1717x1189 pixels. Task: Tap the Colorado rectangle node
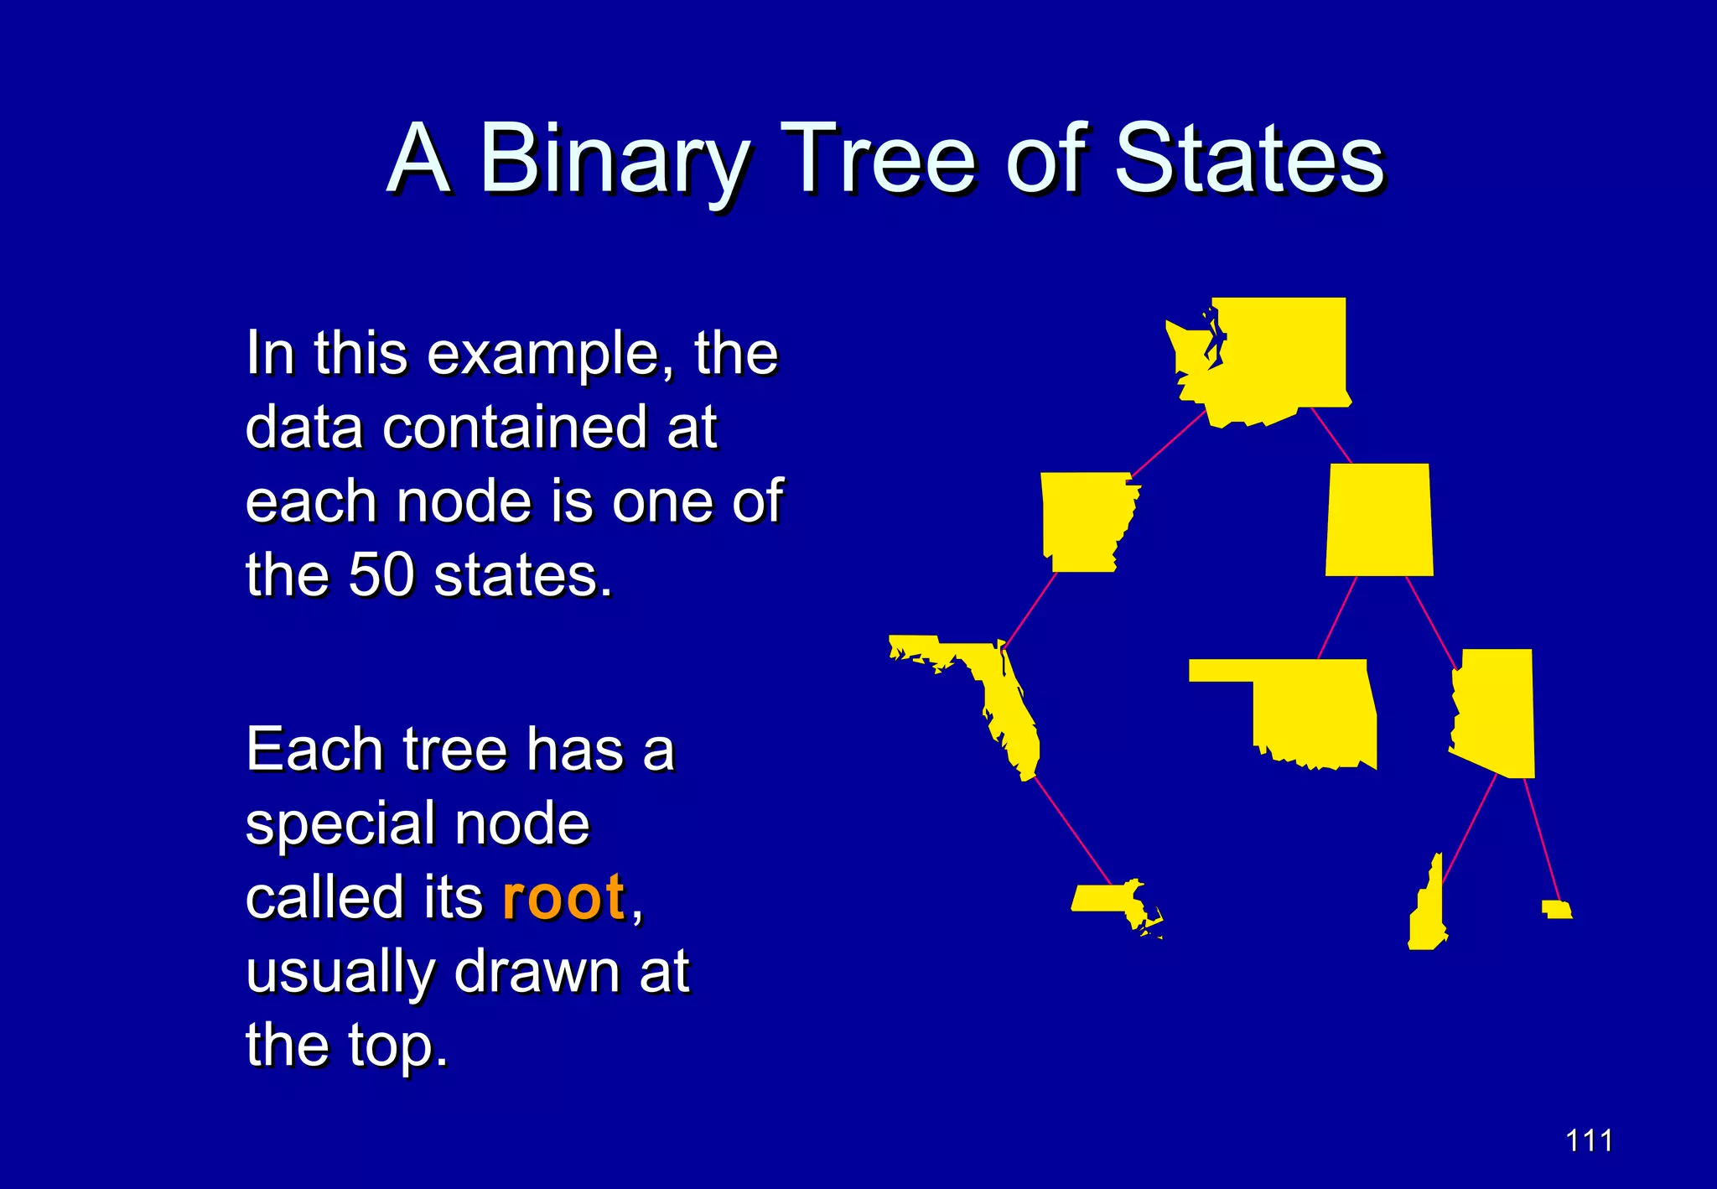coord(1379,520)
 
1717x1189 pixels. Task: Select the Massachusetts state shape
coord(1107,899)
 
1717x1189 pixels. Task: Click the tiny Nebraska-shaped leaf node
coord(1558,910)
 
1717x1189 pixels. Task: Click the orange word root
coord(563,897)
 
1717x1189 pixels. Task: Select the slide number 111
coord(1589,1140)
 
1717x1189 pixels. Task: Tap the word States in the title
coord(1249,159)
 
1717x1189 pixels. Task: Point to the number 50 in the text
coord(381,575)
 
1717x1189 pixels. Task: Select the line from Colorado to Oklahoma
coord(1337,617)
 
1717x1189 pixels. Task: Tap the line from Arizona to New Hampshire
coord(1469,830)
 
